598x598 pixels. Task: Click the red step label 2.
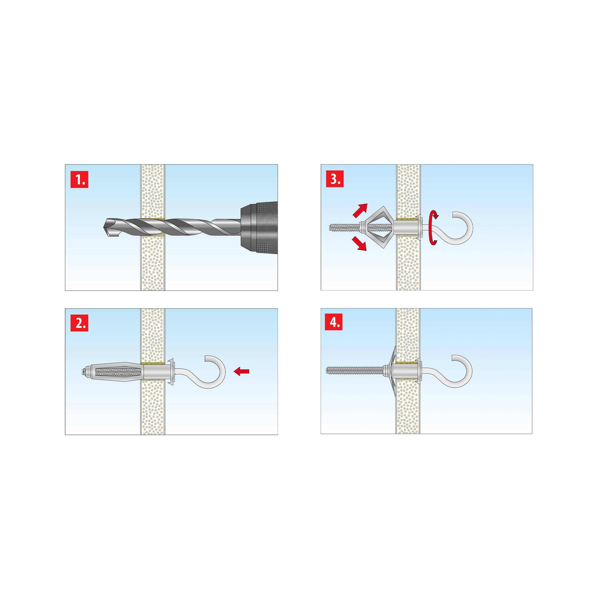tap(79, 323)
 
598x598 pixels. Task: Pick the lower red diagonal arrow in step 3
tap(359, 243)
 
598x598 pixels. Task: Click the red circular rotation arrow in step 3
tap(433, 228)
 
